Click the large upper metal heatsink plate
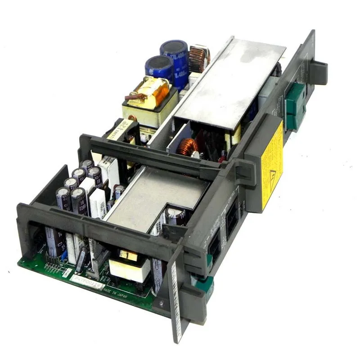[229, 83]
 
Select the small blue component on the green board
[65, 256]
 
